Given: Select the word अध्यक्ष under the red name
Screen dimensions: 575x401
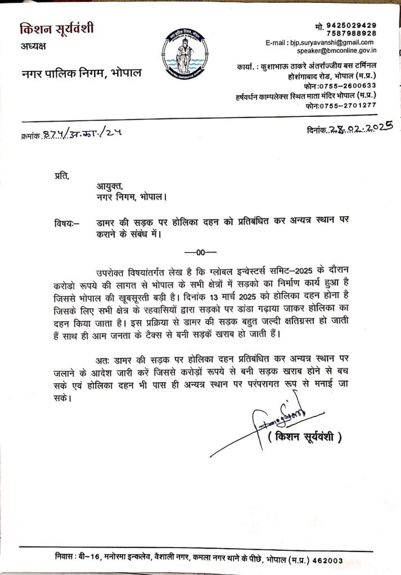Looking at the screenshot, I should (x=35, y=46).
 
